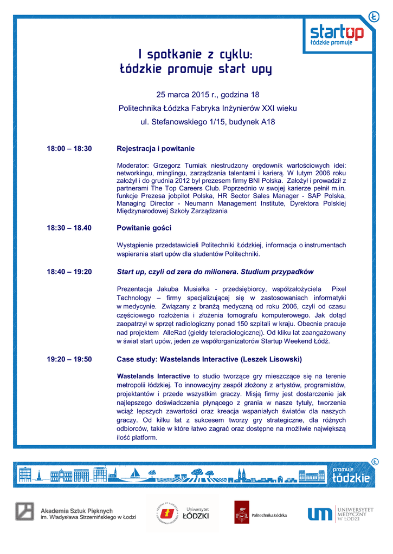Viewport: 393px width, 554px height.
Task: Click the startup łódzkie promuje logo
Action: click(337, 34)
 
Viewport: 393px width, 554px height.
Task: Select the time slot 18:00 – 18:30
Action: click(69, 148)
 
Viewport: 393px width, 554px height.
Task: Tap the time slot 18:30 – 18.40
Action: click(69, 228)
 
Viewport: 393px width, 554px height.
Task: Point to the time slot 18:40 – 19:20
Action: click(69, 272)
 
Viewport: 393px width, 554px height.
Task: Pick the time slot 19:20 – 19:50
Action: click(69, 359)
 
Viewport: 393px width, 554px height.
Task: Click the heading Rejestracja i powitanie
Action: click(156, 148)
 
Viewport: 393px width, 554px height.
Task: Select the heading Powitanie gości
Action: click(144, 228)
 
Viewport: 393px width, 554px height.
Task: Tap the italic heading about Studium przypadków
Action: click(215, 272)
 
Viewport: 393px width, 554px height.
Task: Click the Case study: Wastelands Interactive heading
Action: click(209, 359)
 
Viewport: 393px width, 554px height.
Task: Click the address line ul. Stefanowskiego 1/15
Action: click(208, 122)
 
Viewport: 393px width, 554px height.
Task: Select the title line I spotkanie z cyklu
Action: click(196, 54)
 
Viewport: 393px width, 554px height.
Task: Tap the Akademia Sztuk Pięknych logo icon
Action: click(24, 512)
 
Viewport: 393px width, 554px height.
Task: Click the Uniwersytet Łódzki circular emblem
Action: click(165, 512)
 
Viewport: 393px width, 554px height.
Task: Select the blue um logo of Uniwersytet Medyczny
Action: click(319, 513)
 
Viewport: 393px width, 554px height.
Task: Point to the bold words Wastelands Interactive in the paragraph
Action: click(153, 376)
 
